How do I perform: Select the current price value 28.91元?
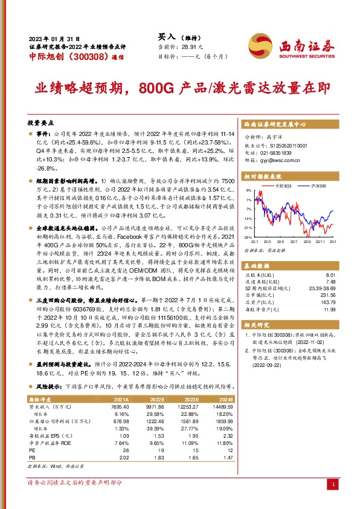(x=190, y=47)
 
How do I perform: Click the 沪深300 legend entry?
(x=318, y=186)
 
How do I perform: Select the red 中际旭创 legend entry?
(x=286, y=186)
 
